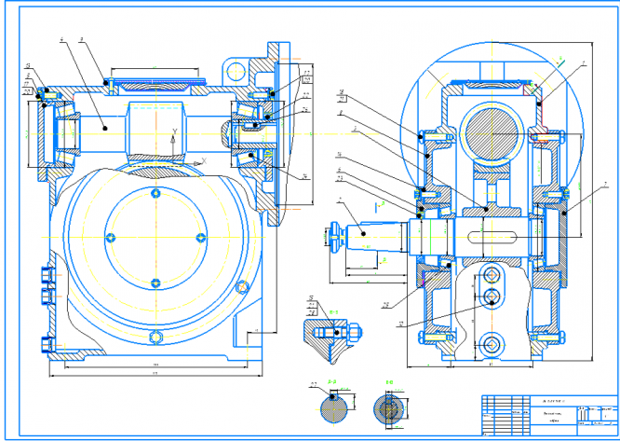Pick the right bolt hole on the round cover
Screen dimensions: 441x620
197,235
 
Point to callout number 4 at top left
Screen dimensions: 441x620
60,41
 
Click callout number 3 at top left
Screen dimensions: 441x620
82,41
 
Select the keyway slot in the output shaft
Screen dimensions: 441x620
493,235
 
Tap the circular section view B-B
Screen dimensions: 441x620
391,407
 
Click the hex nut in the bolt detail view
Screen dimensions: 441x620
355,330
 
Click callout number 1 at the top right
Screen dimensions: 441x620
583,62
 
